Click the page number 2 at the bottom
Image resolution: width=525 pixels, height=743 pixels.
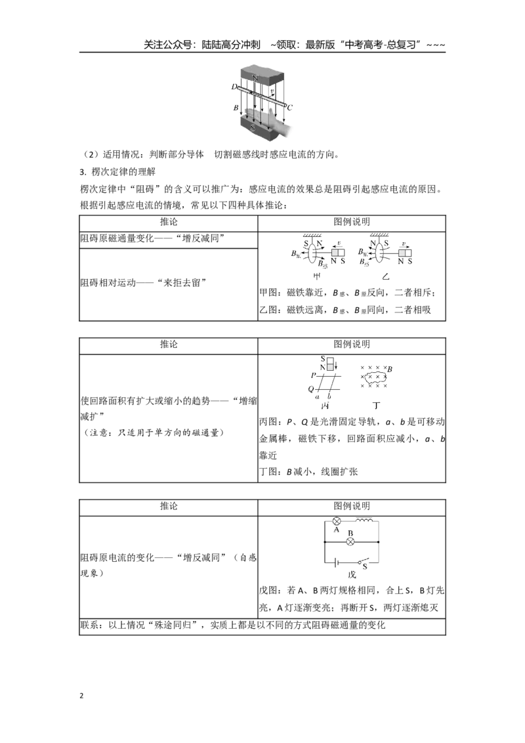pos(81,696)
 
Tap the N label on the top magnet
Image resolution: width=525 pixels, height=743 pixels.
pos(255,77)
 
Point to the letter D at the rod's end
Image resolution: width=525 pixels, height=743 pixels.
pos(234,87)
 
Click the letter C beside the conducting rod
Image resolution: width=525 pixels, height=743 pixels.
pos(290,108)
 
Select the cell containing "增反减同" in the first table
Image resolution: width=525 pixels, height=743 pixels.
pos(168,238)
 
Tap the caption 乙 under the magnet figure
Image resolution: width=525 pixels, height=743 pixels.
pos(386,276)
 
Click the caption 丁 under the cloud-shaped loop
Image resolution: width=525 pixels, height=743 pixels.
pos(377,406)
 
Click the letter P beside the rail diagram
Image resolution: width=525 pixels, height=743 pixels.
pos(313,375)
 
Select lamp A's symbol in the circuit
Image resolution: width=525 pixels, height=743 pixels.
pos(337,520)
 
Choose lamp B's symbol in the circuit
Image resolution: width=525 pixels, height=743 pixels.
pos(350,541)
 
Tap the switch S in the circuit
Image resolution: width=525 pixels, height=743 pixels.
pos(362,561)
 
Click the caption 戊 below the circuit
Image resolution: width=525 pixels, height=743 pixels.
pos(352,575)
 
